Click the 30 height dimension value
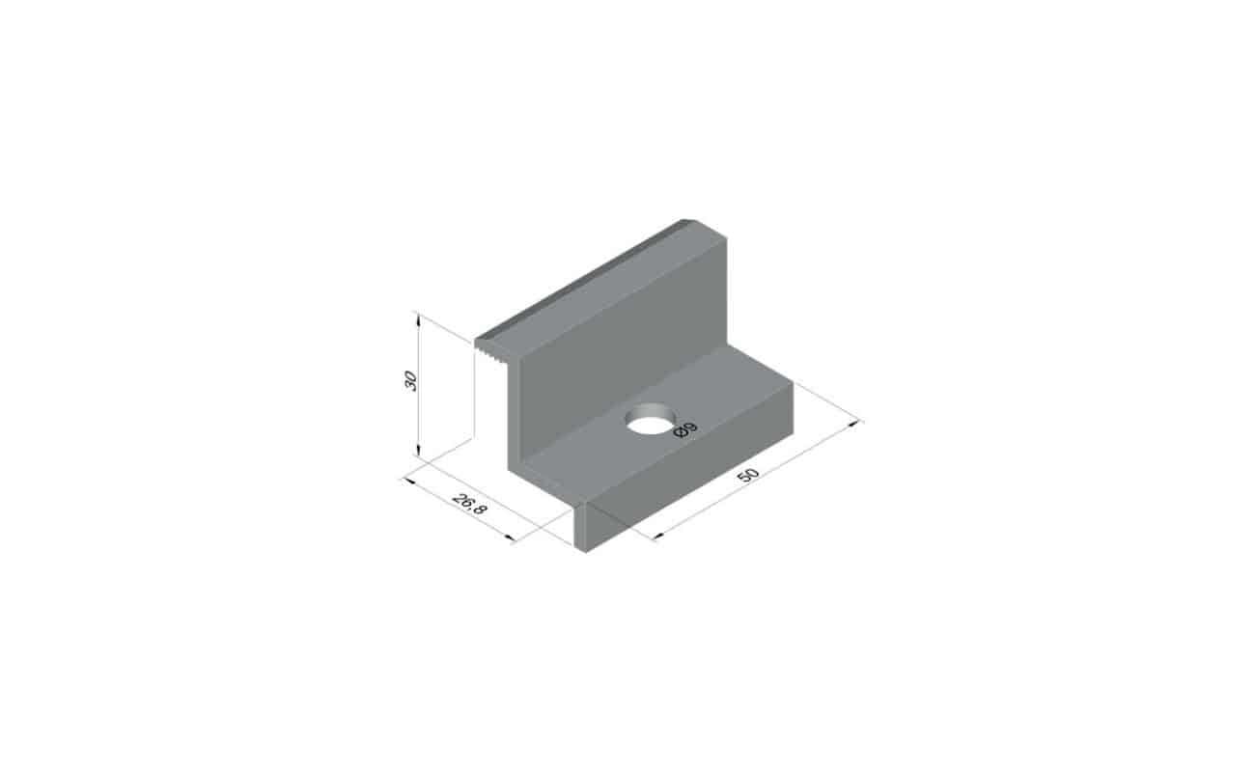coord(410,380)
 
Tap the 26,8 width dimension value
coord(469,505)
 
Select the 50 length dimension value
coord(748,475)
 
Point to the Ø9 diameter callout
coord(684,429)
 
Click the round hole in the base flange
coord(651,418)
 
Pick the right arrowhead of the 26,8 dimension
coord(510,538)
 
